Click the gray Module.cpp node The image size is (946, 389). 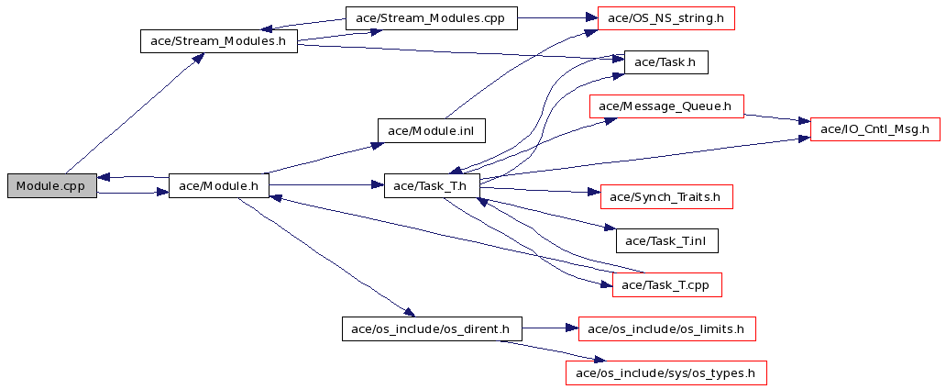(52, 185)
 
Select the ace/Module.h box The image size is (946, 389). (218, 185)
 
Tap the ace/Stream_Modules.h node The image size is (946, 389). (218, 41)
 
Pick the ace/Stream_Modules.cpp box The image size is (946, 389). (432, 18)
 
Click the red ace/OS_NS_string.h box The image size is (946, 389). (665, 18)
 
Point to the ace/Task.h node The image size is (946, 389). (665, 62)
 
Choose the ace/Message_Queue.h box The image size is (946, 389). (665, 106)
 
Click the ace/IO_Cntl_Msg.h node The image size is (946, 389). (874, 129)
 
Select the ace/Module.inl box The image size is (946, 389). (432, 130)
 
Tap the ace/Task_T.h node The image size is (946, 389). (432, 185)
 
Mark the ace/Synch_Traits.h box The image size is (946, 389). (666, 197)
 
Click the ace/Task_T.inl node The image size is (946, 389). (666, 241)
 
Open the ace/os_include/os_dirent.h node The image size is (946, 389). (432, 328)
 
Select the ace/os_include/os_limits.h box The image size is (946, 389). (666, 328)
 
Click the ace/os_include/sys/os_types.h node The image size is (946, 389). (666, 372)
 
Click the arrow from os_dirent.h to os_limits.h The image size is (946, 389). (550, 328)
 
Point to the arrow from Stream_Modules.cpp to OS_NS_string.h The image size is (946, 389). (557, 18)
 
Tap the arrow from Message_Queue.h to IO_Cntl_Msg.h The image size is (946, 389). (777, 117)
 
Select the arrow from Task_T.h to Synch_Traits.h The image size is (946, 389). (540, 191)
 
